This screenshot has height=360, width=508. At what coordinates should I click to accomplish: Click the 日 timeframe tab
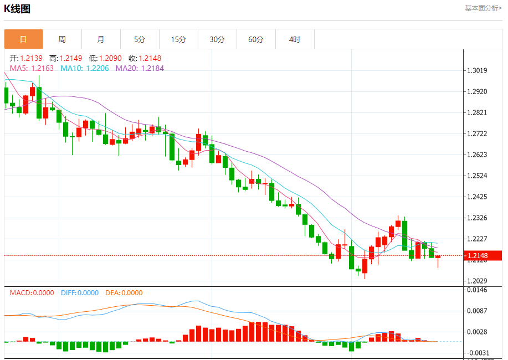coord(23,39)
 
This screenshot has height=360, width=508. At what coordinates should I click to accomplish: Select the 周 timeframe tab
coord(62,39)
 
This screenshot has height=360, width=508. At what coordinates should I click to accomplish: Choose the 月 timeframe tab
coord(101,39)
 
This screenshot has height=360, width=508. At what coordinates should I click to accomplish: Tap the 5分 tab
coord(140,39)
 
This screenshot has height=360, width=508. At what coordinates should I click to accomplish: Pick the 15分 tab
coord(178,39)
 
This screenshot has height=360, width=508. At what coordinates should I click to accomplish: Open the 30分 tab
coord(217,39)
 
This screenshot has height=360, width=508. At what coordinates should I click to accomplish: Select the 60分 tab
coord(256,39)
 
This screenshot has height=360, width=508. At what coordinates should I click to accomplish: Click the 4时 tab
coord(295,39)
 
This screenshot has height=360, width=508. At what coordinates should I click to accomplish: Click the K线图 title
coord(17,9)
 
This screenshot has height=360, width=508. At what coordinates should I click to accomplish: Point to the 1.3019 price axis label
coord(477,70)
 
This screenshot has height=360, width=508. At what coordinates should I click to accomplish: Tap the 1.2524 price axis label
coord(477,176)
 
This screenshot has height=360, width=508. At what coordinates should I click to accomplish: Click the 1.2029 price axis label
coord(477,281)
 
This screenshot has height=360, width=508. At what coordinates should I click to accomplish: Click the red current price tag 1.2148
coord(477,256)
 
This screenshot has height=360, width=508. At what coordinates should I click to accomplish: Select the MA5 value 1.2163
coord(43,68)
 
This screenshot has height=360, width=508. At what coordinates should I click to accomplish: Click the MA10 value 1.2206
coord(98,68)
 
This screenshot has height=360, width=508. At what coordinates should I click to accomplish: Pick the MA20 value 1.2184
coord(152,68)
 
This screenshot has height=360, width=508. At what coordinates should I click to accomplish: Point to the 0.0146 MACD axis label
coord(477,290)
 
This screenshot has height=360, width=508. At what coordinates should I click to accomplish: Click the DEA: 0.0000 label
coord(123,293)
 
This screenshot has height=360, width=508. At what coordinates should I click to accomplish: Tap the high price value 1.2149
coord(70,58)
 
